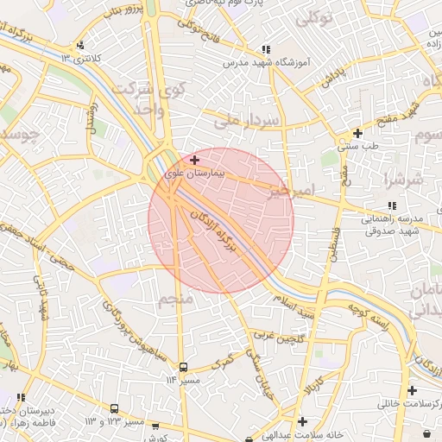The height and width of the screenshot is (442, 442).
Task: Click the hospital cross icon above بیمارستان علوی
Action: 195,160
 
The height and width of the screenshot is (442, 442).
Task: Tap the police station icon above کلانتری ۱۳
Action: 81,45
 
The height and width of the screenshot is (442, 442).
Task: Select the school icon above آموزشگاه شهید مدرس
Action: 267,50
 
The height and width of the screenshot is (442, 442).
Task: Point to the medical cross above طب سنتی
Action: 357,134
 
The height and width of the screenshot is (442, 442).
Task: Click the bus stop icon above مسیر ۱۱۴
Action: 182,368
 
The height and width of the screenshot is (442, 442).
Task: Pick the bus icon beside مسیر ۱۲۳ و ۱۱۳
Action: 114,408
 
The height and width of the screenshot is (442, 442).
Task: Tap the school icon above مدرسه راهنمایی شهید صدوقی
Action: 392,206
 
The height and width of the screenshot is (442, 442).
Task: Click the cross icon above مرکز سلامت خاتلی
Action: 412,390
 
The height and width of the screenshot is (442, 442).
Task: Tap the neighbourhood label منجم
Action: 174,300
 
